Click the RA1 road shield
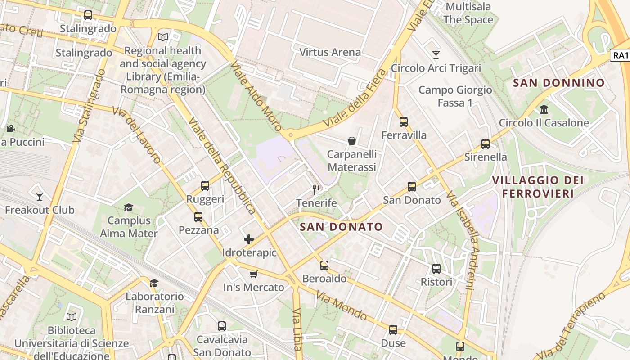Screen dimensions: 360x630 (620, 55)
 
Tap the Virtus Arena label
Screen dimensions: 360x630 (330, 52)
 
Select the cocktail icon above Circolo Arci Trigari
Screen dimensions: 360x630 (436, 55)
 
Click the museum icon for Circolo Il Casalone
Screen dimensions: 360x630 (544, 110)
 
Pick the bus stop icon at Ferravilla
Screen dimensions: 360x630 (404, 122)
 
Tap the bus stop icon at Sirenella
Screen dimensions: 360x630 (486, 144)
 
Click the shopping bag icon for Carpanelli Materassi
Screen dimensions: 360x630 (352, 141)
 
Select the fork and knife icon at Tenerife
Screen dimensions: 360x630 (316, 190)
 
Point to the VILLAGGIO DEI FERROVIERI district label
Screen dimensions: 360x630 (538, 187)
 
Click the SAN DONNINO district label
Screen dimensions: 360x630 (558, 83)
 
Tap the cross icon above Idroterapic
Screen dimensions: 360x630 (249, 239)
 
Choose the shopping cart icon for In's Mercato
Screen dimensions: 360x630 (254, 274)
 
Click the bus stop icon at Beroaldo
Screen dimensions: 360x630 (324, 265)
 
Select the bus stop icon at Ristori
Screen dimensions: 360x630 (436, 269)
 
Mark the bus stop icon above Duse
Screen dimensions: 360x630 (393, 330)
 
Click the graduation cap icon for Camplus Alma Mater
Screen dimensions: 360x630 (129, 207)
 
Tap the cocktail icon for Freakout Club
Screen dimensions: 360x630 (40, 197)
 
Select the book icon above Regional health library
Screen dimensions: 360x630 (162, 37)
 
